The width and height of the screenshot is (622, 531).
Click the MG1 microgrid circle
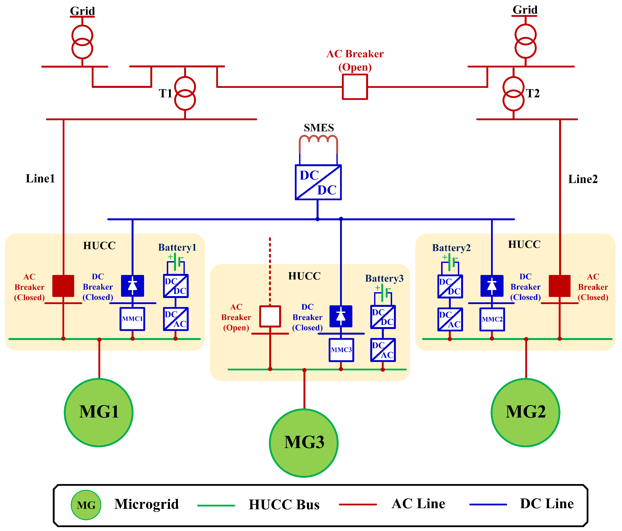tap(99, 412)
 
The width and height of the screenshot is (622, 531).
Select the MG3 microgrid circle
tap(304, 443)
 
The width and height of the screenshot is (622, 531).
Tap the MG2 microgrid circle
tap(525, 412)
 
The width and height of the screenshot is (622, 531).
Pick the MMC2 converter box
tap(492, 319)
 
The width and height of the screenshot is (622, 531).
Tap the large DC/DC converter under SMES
tap(318, 182)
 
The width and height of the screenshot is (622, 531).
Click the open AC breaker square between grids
tap(355, 87)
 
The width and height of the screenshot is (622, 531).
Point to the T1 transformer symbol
tap(185, 93)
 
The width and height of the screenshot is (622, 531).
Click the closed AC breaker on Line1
tap(63, 286)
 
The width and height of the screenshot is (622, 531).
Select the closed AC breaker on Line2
tap(560, 286)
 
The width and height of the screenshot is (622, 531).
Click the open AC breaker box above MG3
tap(270, 316)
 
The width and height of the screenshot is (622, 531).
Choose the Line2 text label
tap(583, 179)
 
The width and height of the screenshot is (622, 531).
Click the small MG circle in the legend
tap(86, 505)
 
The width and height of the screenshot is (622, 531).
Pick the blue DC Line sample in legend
tap(488, 505)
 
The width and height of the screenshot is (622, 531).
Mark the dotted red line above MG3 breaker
tap(270, 270)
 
